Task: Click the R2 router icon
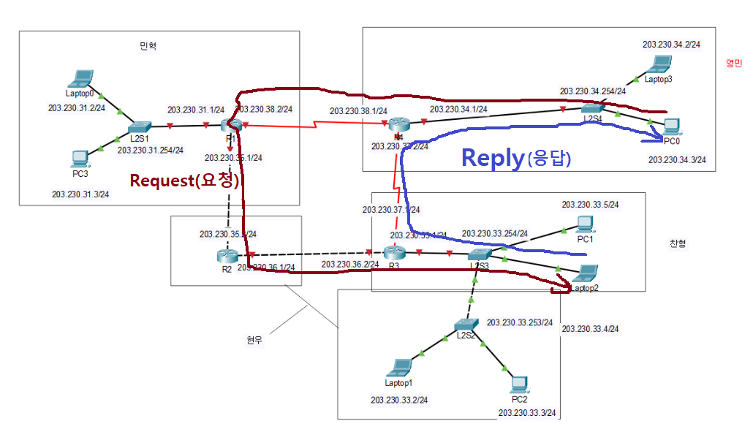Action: (227, 257)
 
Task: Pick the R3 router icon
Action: (393, 254)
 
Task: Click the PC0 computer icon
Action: (671, 126)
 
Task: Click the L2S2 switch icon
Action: (465, 324)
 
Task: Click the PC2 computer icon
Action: (518, 384)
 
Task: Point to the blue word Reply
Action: (492, 157)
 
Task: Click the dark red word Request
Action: (161, 181)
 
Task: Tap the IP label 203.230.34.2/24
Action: (671, 45)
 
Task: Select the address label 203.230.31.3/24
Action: (80, 194)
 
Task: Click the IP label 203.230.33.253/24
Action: (520, 322)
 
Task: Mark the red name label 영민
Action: (733, 63)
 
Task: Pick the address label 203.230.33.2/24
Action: (399, 400)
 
